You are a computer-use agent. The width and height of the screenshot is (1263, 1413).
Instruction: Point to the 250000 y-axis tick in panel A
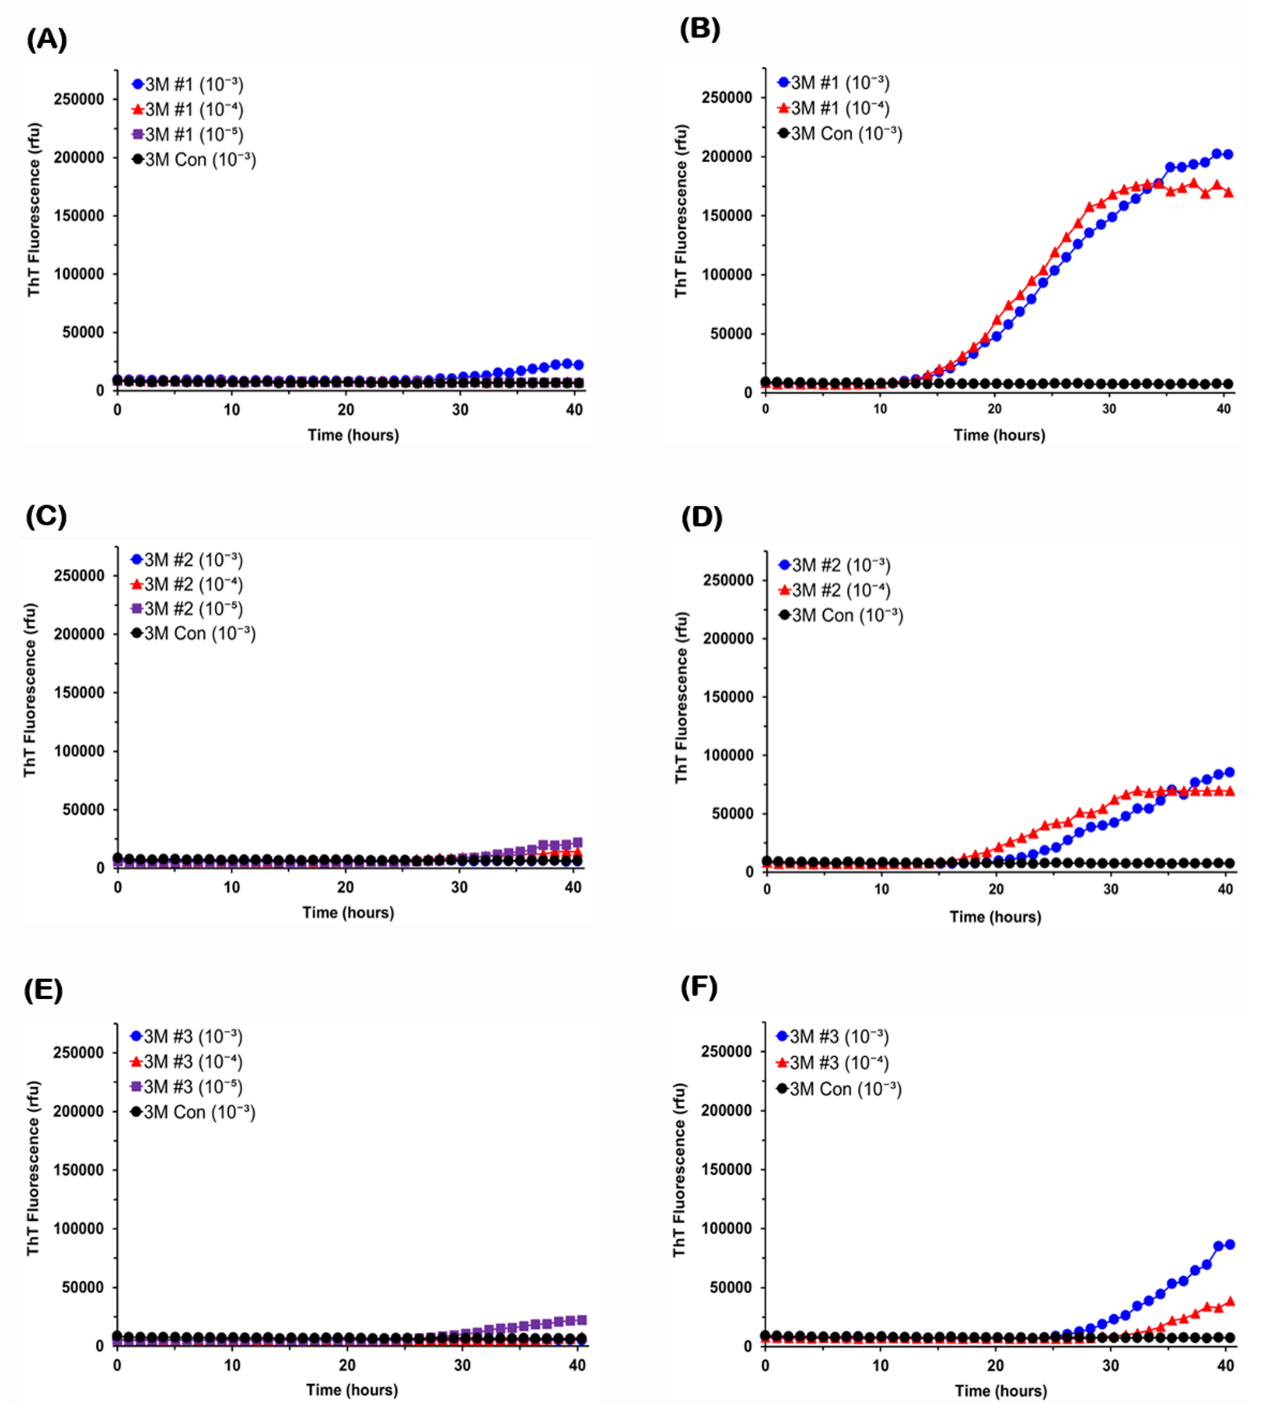pos(79,99)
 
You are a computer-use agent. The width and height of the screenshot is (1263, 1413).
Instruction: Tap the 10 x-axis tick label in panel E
pos(232,1365)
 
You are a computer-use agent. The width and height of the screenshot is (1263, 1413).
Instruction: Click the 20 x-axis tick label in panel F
pos(996,1365)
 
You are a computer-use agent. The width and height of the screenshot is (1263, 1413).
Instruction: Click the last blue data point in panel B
pos(1228,154)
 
